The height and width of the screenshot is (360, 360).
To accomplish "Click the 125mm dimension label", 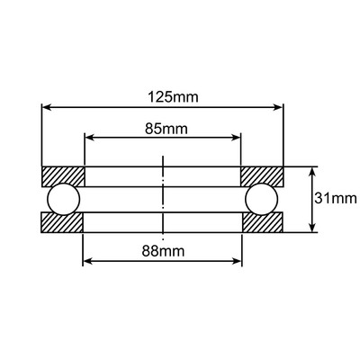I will click(x=163, y=94).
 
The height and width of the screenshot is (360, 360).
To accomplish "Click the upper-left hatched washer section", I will click(x=63, y=175).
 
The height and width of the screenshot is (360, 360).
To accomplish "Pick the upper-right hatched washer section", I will click(x=263, y=175).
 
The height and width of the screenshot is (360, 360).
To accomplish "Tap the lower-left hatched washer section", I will click(x=63, y=221).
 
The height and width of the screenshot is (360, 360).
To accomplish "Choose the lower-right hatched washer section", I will click(x=263, y=221).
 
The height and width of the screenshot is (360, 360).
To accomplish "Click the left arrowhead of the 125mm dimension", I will click(x=47, y=107).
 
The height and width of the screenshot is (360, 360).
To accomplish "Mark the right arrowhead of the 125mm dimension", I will click(x=279, y=107).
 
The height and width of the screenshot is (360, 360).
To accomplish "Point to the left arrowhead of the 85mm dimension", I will click(x=88, y=138).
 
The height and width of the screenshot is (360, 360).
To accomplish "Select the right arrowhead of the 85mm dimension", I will click(x=237, y=138).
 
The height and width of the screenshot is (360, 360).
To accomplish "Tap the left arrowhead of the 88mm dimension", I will click(x=87, y=262).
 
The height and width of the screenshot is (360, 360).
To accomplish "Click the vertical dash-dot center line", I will click(x=163, y=198).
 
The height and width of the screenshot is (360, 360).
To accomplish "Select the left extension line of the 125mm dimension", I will click(x=41, y=135).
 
